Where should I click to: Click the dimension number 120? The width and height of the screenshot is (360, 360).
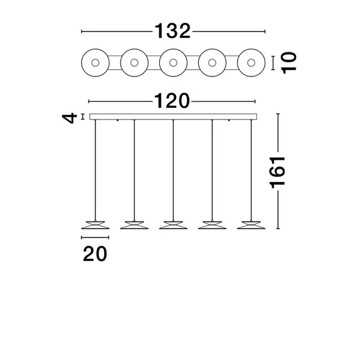[172, 101]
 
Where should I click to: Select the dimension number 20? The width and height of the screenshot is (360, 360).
[94, 254]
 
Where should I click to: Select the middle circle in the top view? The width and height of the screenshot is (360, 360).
[173, 63]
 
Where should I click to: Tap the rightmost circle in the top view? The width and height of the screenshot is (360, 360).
[251, 63]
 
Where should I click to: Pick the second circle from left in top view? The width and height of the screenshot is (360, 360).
[134, 63]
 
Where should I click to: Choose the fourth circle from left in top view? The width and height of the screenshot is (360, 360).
[212, 63]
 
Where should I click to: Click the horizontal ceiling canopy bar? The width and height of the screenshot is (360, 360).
[173, 116]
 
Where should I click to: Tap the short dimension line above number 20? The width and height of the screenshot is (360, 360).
[95, 237]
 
